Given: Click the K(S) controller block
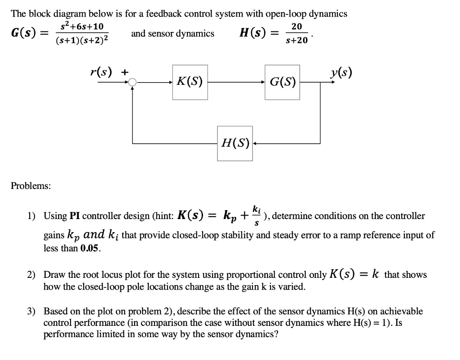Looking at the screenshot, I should tap(190, 82).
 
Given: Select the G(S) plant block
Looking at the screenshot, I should tap(282, 82).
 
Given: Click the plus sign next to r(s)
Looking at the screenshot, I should tap(125, 71).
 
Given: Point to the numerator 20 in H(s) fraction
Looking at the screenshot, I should tap(296, 26).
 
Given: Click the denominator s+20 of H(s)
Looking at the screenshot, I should tap(296, 40).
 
